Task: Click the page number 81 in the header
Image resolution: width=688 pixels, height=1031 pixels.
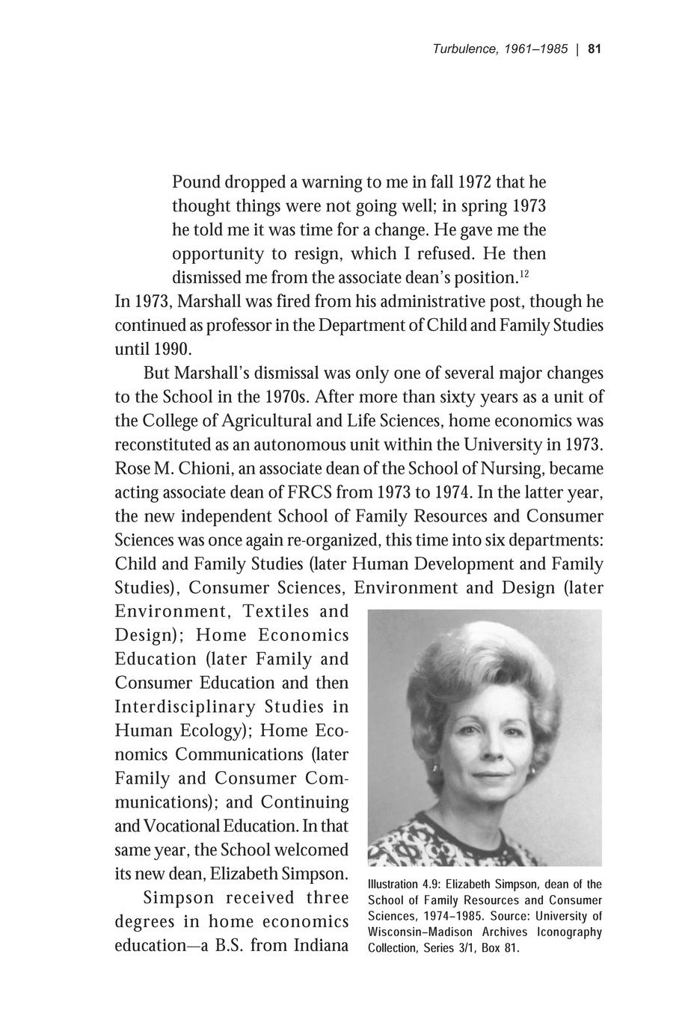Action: tap(595, 49)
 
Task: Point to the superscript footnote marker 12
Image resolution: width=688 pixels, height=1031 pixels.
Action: tap(524, 274)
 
